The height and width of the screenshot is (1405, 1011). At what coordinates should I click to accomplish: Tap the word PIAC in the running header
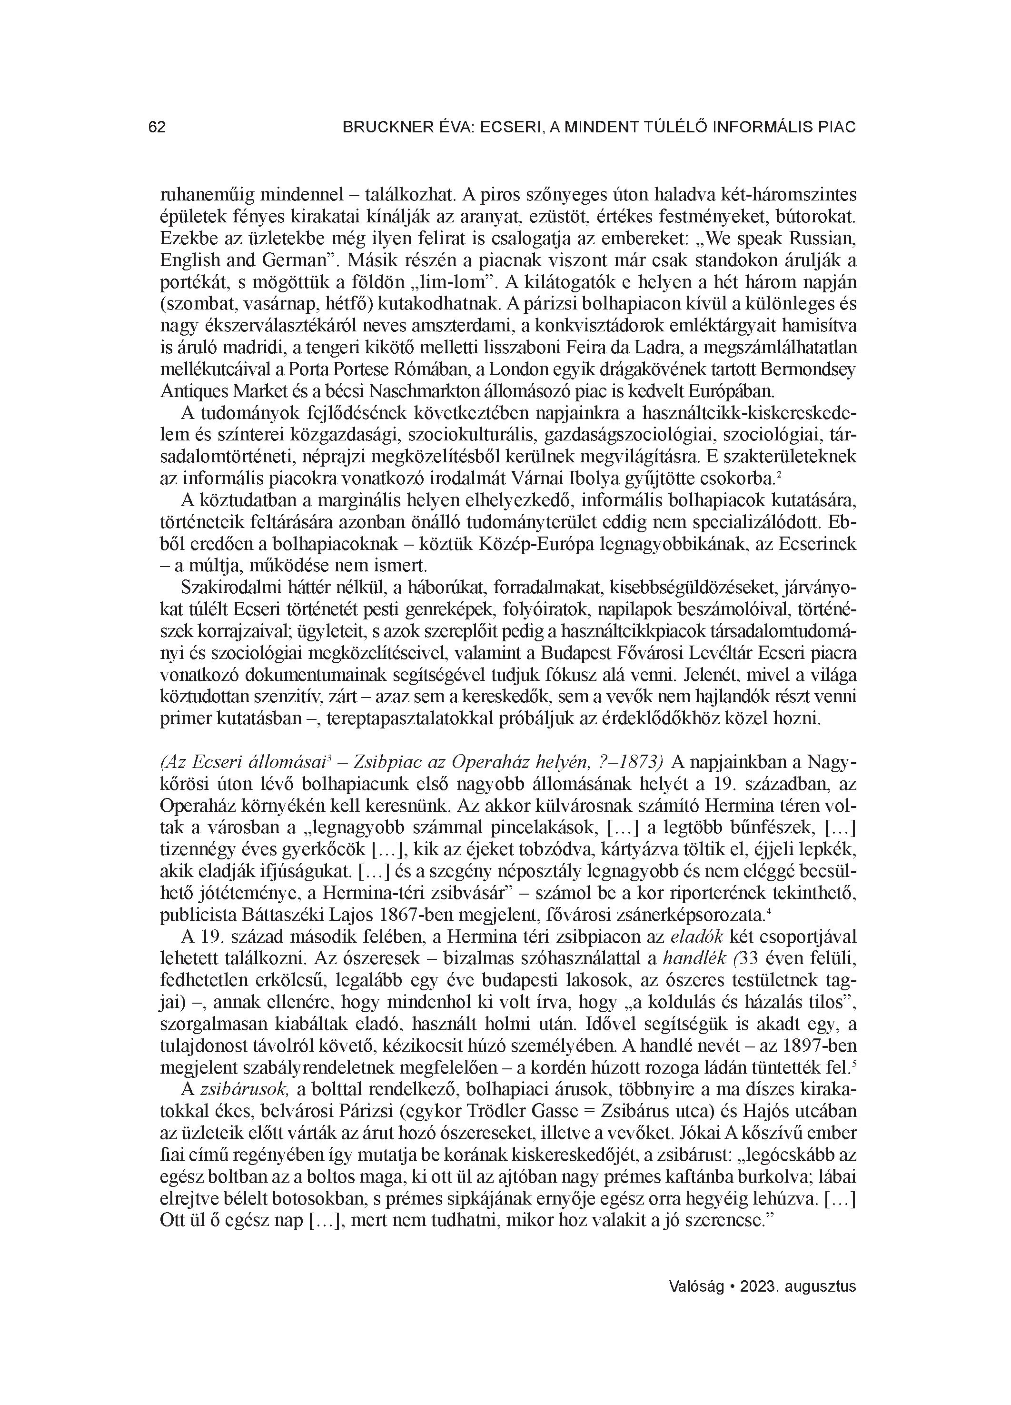[837, 128]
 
